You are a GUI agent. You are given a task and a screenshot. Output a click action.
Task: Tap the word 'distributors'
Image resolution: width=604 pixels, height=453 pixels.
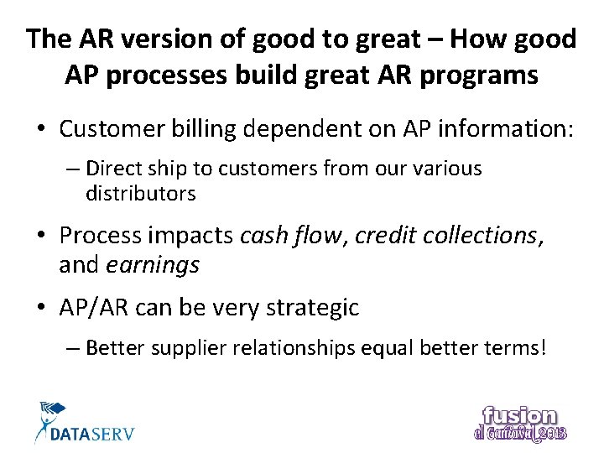(x=140, y=194)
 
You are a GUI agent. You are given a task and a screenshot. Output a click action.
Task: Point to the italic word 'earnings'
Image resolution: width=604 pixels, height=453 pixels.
(x=153, y=266)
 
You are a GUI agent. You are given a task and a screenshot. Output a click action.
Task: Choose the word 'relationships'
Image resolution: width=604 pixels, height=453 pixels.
(x=310, y=347)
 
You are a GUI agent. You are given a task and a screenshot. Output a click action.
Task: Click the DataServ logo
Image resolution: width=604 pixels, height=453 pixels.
(x=84, y=424)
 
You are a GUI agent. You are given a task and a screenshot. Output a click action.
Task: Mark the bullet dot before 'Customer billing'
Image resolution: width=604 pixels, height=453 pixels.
(x=41, y=130)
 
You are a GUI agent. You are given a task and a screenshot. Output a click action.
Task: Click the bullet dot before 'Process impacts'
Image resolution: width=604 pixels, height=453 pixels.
(x=41, y=236)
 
